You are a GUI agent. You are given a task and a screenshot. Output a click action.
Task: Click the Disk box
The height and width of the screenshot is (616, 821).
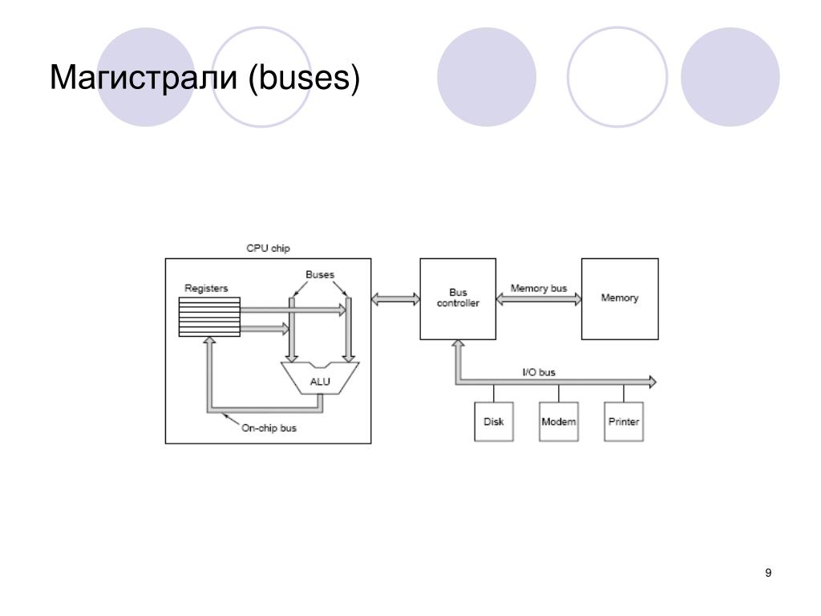click(493, 422)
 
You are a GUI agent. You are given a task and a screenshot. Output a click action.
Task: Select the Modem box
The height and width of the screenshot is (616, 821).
click(559, 422)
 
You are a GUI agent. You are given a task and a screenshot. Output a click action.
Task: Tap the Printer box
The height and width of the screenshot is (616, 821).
click(624, 422)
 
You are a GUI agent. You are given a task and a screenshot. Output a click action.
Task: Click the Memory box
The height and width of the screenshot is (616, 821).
click(620, 298)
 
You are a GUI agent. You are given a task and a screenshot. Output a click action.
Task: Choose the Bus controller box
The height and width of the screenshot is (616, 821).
click(458, 298)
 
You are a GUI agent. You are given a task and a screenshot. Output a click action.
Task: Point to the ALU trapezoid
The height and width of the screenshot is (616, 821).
click(320, 379)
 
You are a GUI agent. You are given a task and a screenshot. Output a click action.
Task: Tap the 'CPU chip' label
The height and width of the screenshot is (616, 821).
click(269, 249)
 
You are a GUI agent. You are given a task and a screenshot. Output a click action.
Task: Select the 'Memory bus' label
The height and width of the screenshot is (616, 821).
click(539, 288)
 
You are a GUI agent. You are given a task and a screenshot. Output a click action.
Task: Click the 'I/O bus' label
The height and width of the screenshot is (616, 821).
click(539, 372)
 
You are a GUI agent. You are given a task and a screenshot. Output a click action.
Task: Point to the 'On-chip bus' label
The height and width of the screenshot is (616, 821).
click(269, 428)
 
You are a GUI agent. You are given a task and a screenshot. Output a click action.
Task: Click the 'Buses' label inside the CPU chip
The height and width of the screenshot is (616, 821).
click(320, 274)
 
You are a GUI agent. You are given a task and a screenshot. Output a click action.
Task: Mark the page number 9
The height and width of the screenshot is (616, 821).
click(769, 573)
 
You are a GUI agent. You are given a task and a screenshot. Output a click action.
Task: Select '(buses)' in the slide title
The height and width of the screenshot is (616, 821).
click(304, 79)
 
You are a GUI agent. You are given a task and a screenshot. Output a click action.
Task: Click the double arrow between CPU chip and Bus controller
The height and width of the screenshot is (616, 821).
click(396, 298)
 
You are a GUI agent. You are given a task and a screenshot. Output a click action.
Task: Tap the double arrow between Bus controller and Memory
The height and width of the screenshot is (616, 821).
click(539, 299)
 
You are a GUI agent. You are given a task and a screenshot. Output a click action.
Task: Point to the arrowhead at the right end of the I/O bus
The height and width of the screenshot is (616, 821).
click(651, 382)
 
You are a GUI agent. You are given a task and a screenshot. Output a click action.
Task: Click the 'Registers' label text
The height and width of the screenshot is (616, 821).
click(207, 288)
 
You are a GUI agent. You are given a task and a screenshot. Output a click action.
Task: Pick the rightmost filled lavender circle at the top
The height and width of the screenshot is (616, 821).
click(730, 77)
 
